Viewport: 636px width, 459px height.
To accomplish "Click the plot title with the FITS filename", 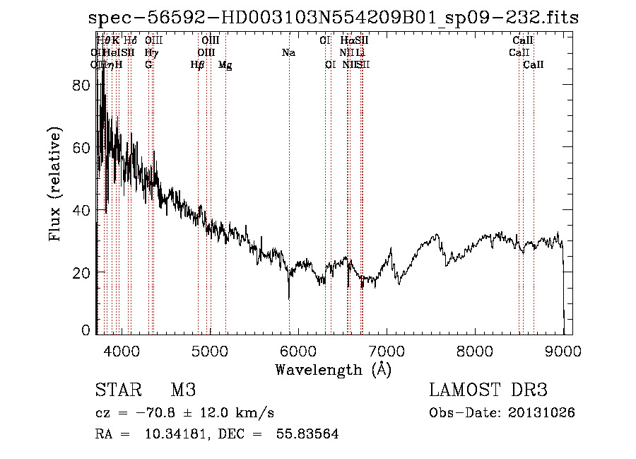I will pyautogui.click(x=334, y=18).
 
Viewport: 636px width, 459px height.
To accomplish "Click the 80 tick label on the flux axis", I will pyautogui.click(x=83, y=85).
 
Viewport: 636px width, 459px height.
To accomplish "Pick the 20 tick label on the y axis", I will pyautogui.click(x=83, y=273).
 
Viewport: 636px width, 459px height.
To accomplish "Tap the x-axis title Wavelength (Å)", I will pyautogui.click(x=333, y=369).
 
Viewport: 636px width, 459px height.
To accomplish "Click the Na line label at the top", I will pyautogui.click(x=288, y=53).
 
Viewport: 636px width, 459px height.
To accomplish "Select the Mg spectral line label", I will pyautogui.click(x=225, y=65).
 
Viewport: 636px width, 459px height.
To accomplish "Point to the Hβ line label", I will pyautogui.click(x=198, y=65).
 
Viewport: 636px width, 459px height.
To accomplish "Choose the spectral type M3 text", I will pyautogui.click(x=183, y=390).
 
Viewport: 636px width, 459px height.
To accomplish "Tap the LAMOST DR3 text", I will pyautogui.click(x=488, y=390).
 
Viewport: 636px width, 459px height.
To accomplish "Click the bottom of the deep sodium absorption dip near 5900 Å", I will pyautogui.click(x=289, y=298).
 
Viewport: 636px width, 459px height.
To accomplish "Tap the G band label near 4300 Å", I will pyautogui.click(x=148, y=65).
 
